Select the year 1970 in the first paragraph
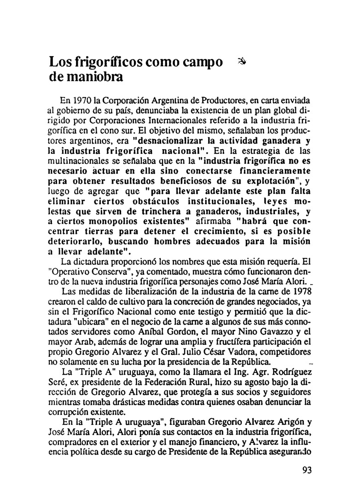(x=83, y=100)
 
